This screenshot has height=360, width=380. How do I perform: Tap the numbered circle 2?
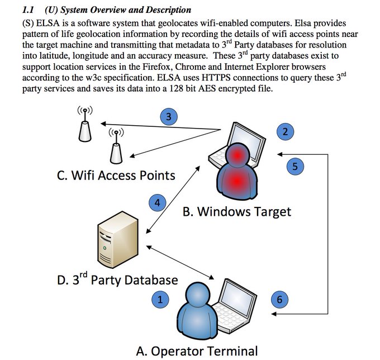(x=285, y=132)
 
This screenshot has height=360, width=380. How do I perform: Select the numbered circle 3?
(x=169, y=117)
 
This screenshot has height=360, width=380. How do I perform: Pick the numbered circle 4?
(x=157, y=203)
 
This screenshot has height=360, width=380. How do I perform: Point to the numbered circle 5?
(x=296, y=165)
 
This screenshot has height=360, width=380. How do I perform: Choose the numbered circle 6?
(x=280, y=300)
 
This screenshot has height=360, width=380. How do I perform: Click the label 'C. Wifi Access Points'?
(x=116, y=176)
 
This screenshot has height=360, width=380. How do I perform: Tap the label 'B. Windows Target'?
(x=237, y=212)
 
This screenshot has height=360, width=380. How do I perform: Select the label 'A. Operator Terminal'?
(x=197, y=351)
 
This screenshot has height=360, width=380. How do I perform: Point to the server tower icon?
(x=113, y=241)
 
